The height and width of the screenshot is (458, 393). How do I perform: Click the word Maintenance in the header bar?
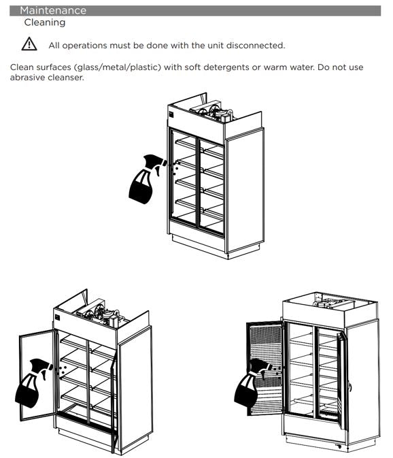pyautogui.click(x=53, y=10)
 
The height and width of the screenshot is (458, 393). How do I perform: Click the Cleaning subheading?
pyautogui.click(x=45, y=22)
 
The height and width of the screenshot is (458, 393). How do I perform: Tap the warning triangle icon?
pyautogui.click(x=29, y=44)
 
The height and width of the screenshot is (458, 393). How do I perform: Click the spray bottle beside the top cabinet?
pyautogui.click(x=146, y=179)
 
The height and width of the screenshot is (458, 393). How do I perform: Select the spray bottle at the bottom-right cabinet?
pyautogui.click(x=252, y=382)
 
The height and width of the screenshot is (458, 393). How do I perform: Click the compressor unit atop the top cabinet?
pyautogui.click(x=212, y=111)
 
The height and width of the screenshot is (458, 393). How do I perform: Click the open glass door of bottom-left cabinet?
pyautogui.click(x=37, y=375)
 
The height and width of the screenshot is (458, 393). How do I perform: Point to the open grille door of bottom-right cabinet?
pyautogui.click(x=265, y=367)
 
